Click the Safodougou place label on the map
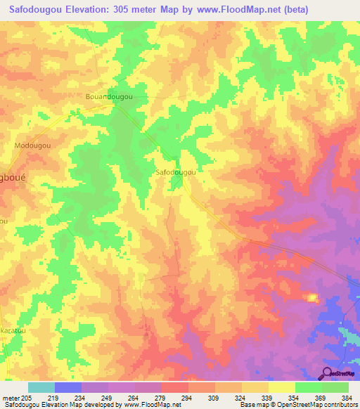click(x=174, y=171)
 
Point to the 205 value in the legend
click(x=28, y=398)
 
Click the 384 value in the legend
click(x=346, y=398)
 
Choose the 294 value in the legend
click(x=186, y=398)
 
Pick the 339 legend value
click(x=266, y=398)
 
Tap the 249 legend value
click(x=108, y=398)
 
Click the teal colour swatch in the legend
click(x=41, y=387)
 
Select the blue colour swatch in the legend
click(x=68, y=387)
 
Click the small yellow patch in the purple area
click(x=312, y=297)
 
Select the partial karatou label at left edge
click(x=12, y=328)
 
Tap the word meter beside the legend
click(x=11, y=398)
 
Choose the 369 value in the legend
click(x=319, y=398)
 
